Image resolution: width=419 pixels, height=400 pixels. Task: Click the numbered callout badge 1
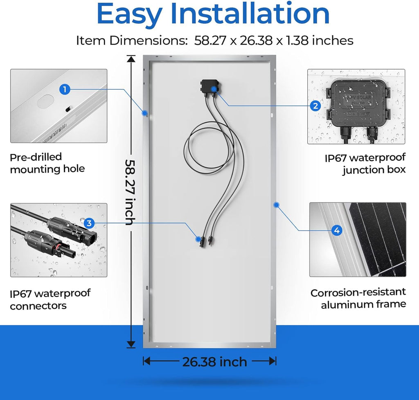point(65,89)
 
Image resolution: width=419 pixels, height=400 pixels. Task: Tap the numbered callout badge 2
point(315,106)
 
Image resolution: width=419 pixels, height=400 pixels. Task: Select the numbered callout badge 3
point(89,223)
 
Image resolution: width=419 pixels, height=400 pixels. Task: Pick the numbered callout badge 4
point(337,230)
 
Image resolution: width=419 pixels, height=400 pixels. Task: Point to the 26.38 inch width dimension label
point(214,362)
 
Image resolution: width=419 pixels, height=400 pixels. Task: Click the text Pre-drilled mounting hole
point(47,163)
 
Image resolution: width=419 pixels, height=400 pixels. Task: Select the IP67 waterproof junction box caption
point(365,164)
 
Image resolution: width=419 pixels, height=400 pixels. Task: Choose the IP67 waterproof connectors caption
point(50,299)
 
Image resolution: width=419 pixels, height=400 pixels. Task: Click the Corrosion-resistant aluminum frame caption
point(358,298)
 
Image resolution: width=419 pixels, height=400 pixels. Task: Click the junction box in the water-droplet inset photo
point(358,107)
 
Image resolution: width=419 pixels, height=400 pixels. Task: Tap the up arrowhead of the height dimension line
point(131,59)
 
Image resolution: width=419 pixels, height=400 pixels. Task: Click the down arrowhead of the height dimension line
point(131,344)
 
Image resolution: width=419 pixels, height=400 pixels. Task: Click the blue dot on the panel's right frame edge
point(276,205)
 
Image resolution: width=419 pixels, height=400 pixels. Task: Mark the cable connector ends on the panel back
point(205,240)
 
